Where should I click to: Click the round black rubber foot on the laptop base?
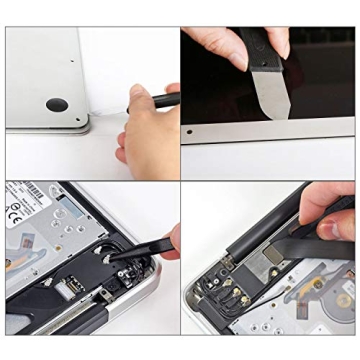(54, 104)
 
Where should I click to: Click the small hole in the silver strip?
(190, 131)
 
